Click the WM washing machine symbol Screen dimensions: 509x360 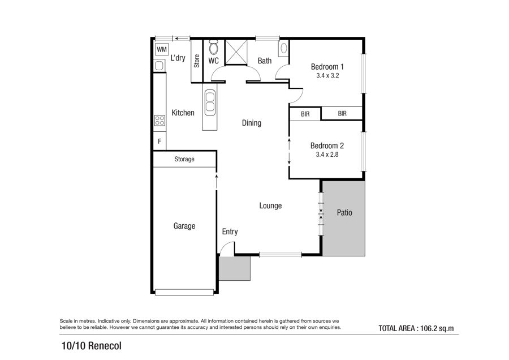[162, 49]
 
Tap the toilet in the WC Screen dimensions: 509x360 [213, 48]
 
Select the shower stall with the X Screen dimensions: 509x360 [236, 52]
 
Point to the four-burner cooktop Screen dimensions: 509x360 [159, 121]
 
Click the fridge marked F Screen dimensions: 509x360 [159, 142]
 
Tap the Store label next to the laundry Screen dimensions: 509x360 [197, 61]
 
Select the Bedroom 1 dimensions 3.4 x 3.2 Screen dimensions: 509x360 [327, 76]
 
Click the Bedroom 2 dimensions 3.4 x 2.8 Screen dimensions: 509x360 [327, 155]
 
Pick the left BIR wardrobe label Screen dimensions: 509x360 [305, 114]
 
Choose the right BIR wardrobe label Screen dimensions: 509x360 [342, 113]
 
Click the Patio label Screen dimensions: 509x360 [344, 212]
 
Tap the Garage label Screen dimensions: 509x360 [184, 226]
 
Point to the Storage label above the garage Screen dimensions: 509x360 [184, 159]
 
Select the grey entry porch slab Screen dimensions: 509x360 [234, 268]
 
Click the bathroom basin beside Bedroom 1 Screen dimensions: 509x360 [284, 49]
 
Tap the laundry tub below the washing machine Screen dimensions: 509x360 [159, 66]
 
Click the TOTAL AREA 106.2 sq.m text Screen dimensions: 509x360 [416, 328]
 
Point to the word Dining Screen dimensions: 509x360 [252, 123]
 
